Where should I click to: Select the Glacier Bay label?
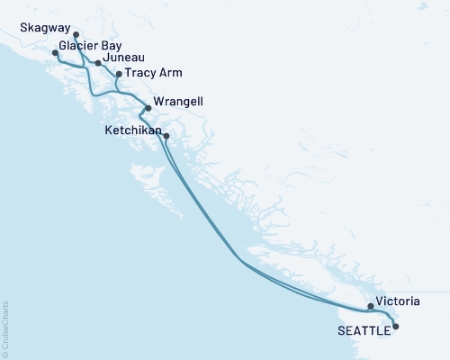[x=91, y=45]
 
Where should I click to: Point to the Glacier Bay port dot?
[x=56, y=53]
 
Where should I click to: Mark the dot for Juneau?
[x=97, y=63]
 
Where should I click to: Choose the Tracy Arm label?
[x=150, y=72]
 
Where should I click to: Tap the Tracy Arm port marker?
[x=119, y=75]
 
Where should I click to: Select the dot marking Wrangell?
[x=148, y=108]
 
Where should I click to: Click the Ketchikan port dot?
[x=166, y=137]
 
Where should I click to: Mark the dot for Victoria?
[x=371, y=307]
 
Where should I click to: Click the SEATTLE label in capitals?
[x=364, y=330]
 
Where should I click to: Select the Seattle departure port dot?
[x=395, y=327]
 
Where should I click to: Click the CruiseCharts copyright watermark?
[x=5, y=328]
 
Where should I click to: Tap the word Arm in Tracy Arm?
[x=164, y=72]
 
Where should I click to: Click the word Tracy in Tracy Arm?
[x=139, y=72]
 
